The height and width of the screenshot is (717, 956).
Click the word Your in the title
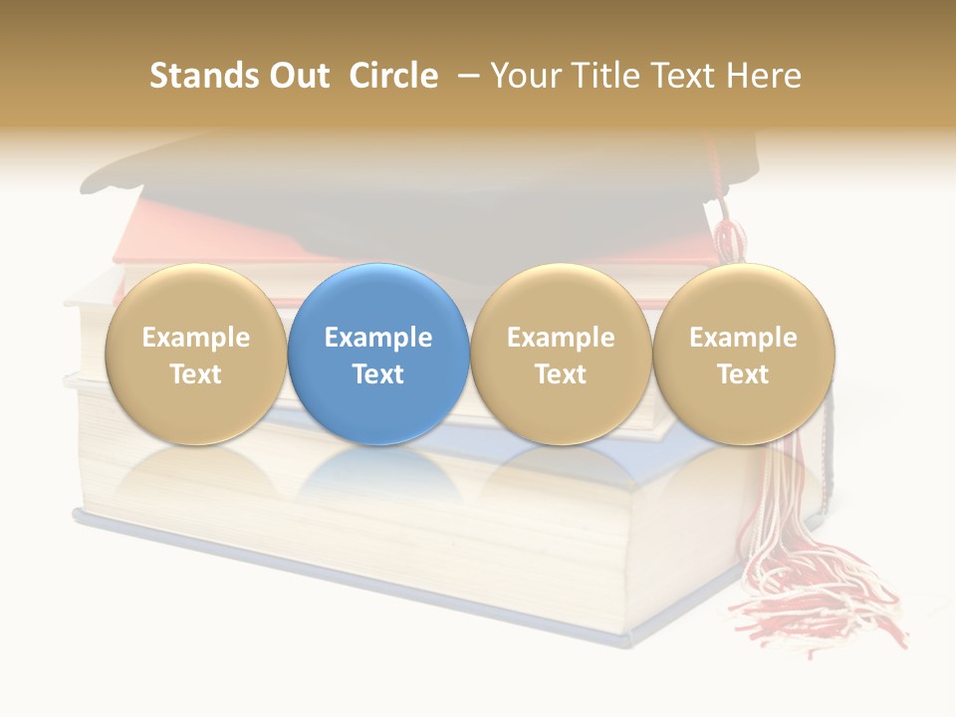(525, 76)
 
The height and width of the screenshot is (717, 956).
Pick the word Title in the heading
(602, 76)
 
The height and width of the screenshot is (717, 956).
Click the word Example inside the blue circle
(378, 338)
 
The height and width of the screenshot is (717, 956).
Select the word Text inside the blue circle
(378, 374)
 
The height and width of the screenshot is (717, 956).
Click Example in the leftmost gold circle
(196, 338)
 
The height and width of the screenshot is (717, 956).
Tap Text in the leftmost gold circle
(196, 374)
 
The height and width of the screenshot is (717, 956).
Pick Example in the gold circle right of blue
(561, 338)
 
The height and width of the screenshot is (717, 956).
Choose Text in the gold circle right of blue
(561, 374)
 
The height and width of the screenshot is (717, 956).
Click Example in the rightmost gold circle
(743, 338)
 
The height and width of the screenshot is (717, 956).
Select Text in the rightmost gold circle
(743, 374)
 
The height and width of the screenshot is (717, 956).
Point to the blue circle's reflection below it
(378, 478)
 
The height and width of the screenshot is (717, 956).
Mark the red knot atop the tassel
(730, 237)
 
